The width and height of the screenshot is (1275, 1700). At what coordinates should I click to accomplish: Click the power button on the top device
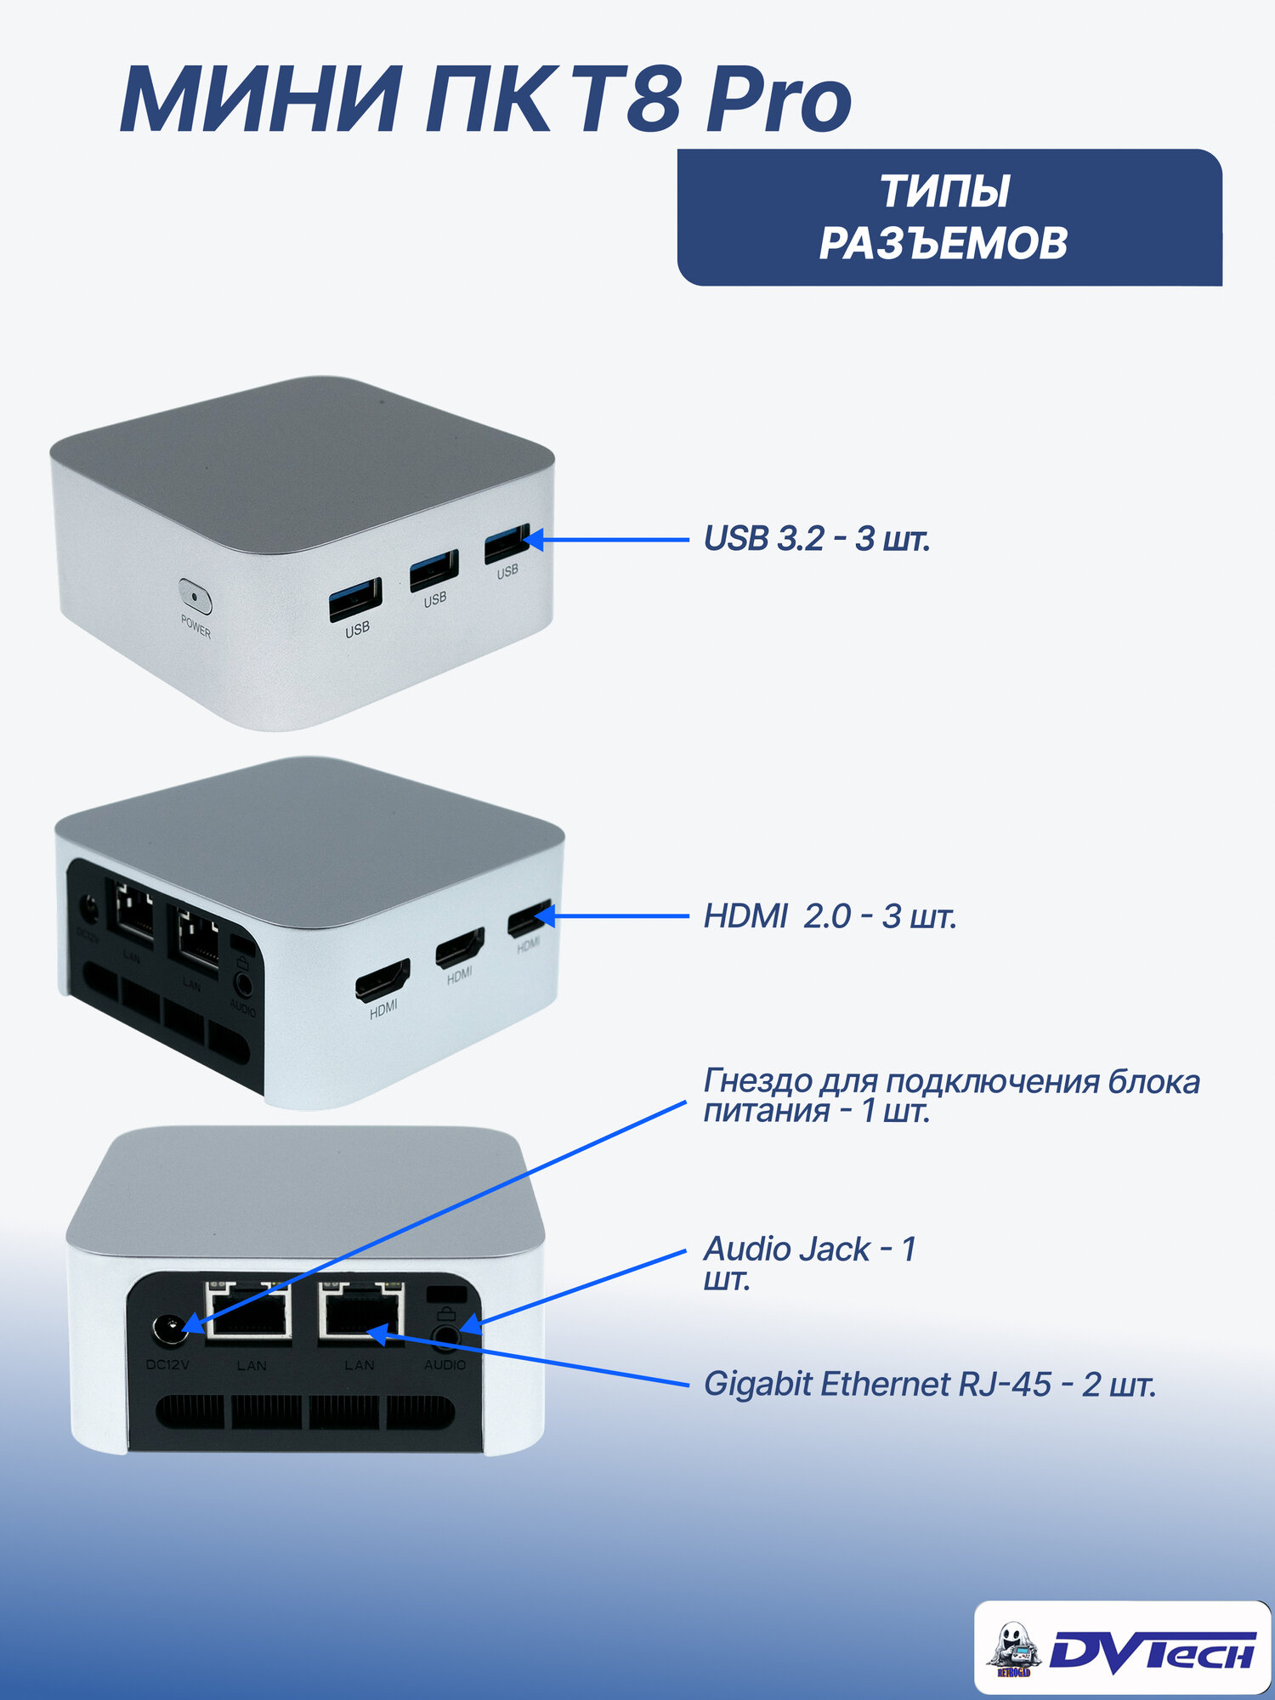[x=195, y=596]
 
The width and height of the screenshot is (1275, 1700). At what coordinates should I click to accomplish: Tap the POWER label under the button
[x=195, y=627]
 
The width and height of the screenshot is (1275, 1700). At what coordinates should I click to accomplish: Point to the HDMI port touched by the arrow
[x=529, y=920]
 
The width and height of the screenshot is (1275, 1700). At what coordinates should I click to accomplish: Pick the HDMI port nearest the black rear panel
[x=382, y=979]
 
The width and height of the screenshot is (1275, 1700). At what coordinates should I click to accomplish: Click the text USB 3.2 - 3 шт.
[x=817, y=539]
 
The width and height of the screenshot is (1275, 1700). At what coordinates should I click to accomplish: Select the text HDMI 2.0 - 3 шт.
[x=830, y=916]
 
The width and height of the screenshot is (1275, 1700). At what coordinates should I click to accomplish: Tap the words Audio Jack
[x=787, y=1249]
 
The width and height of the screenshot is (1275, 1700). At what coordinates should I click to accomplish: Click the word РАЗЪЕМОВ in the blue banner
[x=943, y=243]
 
